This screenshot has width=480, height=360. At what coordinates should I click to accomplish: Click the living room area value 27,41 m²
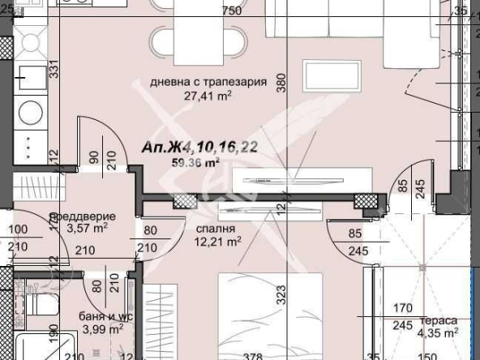tap(209, 95)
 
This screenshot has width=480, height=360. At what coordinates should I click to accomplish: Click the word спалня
tap(209, 229)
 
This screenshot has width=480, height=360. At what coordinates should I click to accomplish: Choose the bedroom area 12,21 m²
tap(217, 241)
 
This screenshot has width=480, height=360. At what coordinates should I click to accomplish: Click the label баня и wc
tap(101, 316)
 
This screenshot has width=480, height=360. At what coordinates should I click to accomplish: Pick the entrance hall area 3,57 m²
tap(88, 229)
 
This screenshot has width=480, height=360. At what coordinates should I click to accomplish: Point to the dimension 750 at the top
tap(233, 11)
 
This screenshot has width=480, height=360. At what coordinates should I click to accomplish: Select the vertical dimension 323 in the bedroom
tap(281, 294)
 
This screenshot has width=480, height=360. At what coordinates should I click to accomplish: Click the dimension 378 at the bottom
tap(232, 354)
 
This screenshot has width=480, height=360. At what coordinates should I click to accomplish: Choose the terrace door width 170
tap(400, 309)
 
